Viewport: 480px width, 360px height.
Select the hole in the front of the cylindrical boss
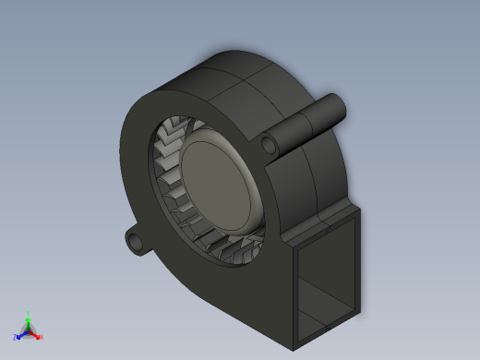[270, 144]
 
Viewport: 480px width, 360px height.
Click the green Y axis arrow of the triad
[29, 320]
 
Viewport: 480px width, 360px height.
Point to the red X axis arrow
[36, 335]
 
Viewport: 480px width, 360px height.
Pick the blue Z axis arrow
[21, 335]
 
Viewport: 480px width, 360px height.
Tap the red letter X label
[42, 338]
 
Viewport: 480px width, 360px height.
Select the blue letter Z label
[16, 338]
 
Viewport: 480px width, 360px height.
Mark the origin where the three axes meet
[29, 331]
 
